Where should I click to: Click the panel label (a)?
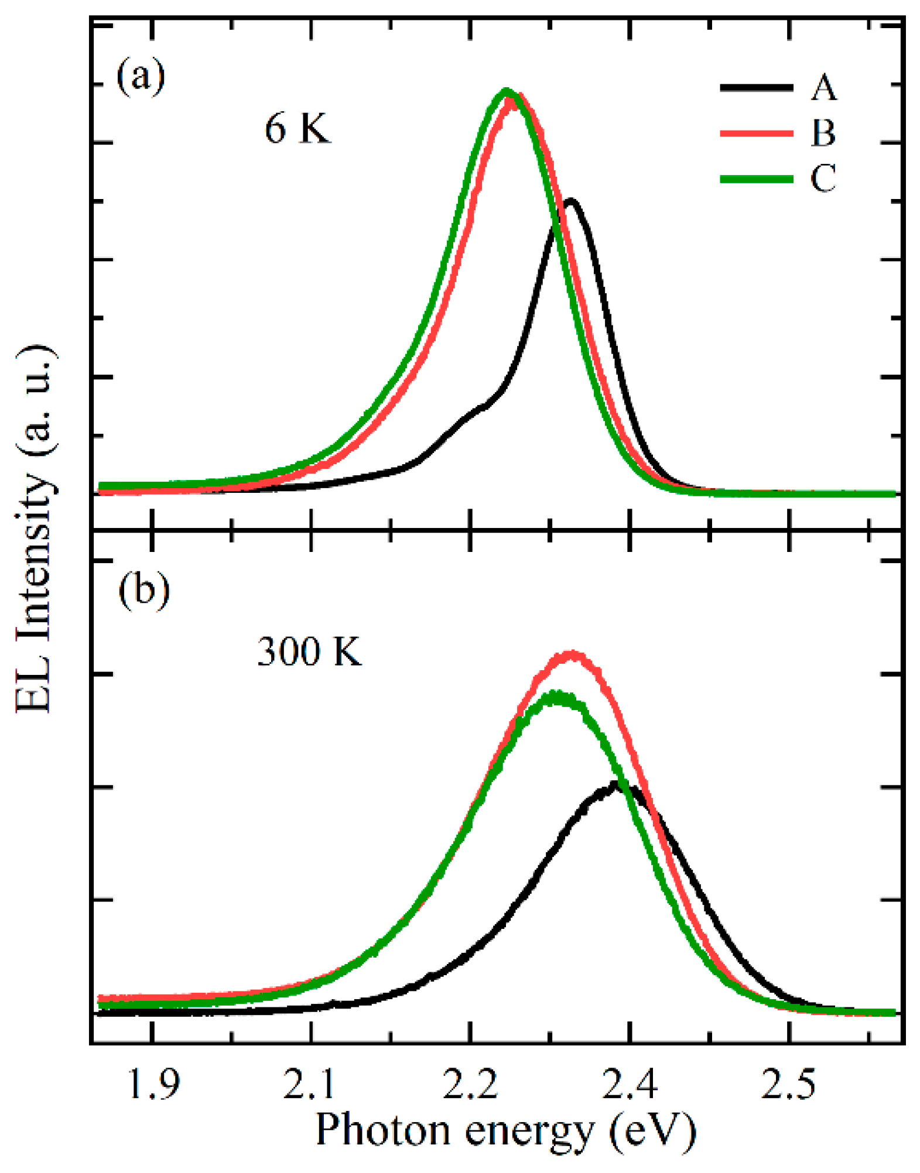click(x=141, y=76)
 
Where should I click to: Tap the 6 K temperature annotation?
click(x=297, y=128)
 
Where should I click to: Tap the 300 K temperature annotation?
click(x=309, y=650)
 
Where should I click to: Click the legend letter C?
click(x=823, y=179)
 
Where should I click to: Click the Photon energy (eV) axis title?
click(x=506, y=1130)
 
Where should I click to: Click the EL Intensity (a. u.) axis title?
click(x=34, y=530)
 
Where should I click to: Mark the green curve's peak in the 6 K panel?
click(x=507, y=91)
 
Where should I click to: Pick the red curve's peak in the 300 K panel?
click(x=572, y=654)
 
